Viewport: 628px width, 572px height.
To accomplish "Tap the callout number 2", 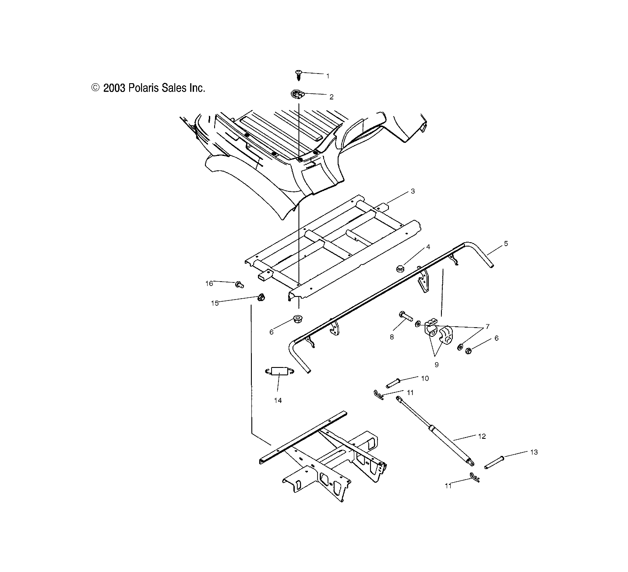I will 332,97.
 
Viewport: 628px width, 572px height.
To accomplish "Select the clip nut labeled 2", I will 298,93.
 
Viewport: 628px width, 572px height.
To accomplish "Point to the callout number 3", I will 413,191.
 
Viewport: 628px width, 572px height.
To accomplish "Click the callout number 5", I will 506,244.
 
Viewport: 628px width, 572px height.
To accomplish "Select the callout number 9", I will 436,364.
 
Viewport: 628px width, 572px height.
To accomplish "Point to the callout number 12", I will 482,436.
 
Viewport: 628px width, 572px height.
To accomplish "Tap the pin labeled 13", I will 495,461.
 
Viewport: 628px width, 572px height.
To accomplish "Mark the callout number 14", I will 278,400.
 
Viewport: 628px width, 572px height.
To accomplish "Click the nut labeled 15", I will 261,297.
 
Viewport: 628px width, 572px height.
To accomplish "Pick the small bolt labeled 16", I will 239,285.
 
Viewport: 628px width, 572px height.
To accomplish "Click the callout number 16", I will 209,283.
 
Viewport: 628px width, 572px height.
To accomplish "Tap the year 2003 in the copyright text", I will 114,88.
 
